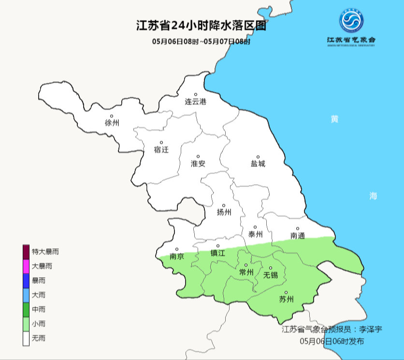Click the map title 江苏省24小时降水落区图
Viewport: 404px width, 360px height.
202,25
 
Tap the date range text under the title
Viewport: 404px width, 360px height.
202,42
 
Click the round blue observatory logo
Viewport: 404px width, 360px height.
351,20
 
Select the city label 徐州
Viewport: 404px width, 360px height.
112,123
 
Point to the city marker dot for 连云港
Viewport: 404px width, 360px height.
196,95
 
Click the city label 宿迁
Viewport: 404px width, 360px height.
161,149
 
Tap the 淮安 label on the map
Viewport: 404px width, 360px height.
198,163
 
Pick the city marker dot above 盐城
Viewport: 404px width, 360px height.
258,157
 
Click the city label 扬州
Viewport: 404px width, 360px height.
224,212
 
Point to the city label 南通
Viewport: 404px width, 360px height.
298,236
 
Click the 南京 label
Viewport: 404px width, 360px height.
177,257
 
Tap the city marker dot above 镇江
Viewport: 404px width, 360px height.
218,246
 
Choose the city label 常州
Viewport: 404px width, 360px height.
246,273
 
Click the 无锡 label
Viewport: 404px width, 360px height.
271,275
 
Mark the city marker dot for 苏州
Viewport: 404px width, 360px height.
286,292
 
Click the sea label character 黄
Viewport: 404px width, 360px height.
334,119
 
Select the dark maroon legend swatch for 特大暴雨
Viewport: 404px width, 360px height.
26,251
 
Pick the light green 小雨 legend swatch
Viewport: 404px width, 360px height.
26,323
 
